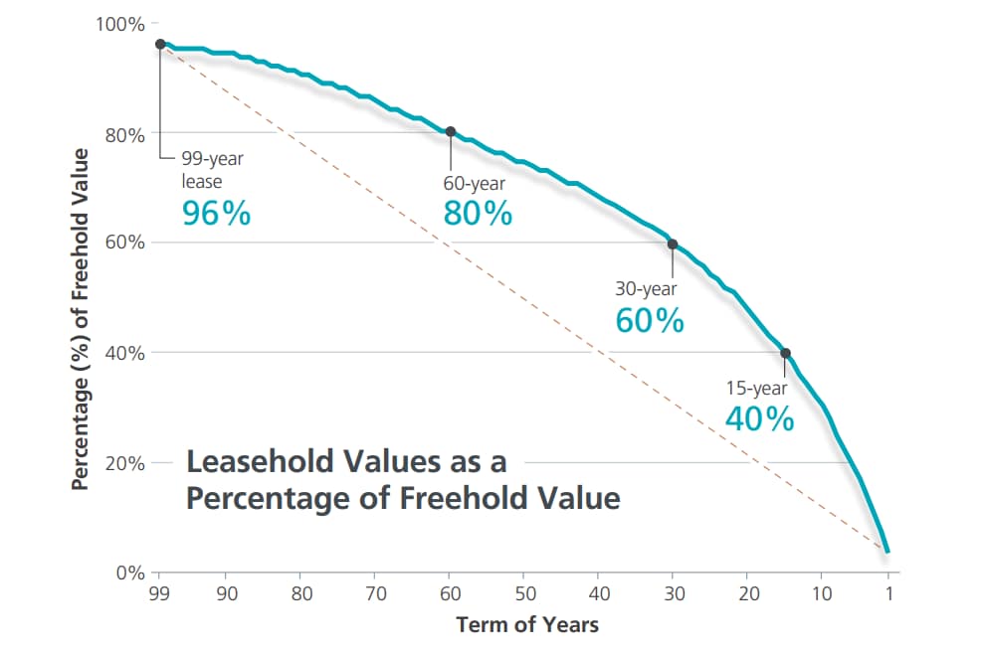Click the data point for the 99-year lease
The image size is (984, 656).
tap(160, 44)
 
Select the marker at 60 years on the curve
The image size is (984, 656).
tap(450, 131)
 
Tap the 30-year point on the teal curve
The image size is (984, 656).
tap(672, 244)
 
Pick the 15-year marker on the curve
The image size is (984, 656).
tap(785, 353)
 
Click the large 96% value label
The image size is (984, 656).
tap(217, 213)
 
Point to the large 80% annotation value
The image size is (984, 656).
tap(478, 213)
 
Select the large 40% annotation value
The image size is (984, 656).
tap(759, 419)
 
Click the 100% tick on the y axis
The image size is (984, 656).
tap(120, 24)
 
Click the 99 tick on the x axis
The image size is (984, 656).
tap(158, 593)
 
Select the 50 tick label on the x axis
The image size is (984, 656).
tap(524, 593)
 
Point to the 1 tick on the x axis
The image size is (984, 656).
tap(888, 593)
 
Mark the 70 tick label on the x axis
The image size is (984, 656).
tap(375, 593)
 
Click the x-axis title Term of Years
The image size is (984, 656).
tap(527, 625)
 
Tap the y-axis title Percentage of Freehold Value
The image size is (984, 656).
tap(82, 318)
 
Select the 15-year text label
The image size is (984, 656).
tap(757, 389)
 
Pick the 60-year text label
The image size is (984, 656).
tap(474, 184)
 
